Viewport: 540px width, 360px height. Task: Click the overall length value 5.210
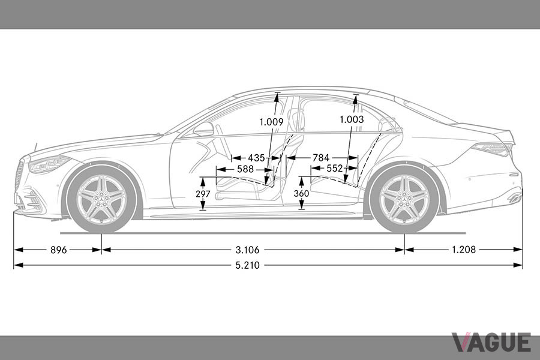pyautogui.click(x=248, y=265)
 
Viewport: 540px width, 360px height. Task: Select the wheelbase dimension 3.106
pyautogui.click(x=247, y=250)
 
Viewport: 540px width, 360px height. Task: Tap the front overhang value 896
pyautogui.click(x=59, y=250)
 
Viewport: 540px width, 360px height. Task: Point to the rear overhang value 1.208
pyautogui.click(x=464, y=250)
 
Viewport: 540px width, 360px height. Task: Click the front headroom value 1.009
pyautogui.click(x=271, y=122)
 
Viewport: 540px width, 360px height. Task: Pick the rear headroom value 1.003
pyautogui.click(x=352, y=119)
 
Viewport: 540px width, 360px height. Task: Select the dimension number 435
pyautogui.click(x=257, y=158)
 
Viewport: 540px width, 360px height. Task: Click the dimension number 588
pyautogui.click(x=245, y=169)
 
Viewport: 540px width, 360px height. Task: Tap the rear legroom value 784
pyautogui.click(x=321, y=158)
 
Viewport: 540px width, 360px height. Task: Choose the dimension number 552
pyautogui.click(x=335, y=169)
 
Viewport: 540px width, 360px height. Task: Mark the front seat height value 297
pyautogui.click(x=203, y=194)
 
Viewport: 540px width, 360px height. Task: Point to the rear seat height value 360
pyautogui.click(x=301, y=194)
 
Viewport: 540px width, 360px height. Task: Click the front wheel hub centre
pyautogui.click(x=102, y=199)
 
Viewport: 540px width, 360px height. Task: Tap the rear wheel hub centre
pyautogui.click(x=404, y=199)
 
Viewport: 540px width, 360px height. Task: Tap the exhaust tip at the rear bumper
pyautogui.click(x=515, y=198)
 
